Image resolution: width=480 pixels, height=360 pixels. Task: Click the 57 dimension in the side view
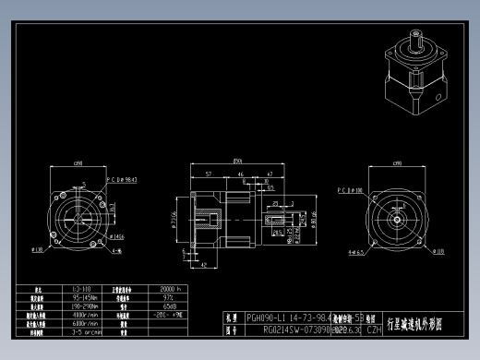point(209,173)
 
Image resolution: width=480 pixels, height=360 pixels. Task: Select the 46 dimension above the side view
point(241,173)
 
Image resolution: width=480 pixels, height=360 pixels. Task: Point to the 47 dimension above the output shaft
point(269,173)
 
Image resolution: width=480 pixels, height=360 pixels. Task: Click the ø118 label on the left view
point(38,249)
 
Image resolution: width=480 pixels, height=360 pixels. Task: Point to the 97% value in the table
point(168,297)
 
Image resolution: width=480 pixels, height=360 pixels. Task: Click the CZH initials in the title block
point(374,328)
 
